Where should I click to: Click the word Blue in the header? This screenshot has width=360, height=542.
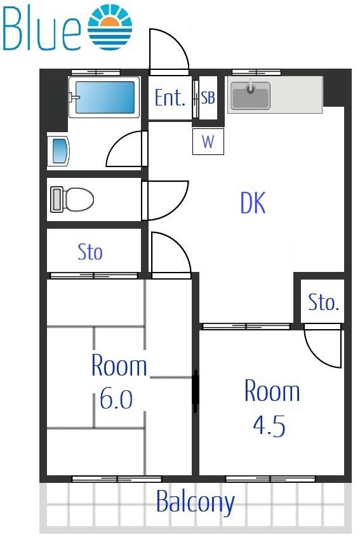point(41,29)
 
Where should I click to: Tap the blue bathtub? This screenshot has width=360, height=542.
point(105,97)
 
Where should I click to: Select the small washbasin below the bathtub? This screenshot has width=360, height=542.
point(60,151)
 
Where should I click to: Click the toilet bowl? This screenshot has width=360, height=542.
point(72,200)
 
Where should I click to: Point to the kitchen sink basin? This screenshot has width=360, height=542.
point(251,95)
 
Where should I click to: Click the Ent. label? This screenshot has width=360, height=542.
point(170,98)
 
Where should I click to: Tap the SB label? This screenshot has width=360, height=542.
point(208,97)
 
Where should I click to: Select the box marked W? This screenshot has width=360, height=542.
point(208,141)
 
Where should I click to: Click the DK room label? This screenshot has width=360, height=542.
point(253,203)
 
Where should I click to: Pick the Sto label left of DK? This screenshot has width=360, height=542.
point(90,252)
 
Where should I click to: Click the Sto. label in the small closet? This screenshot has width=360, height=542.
point(323,302)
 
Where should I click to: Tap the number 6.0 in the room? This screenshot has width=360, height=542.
point(116,398)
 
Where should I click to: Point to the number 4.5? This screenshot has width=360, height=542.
point(269,426)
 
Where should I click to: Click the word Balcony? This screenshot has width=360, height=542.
point(196,502)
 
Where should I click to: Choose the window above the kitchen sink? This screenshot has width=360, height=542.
point(256,72)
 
